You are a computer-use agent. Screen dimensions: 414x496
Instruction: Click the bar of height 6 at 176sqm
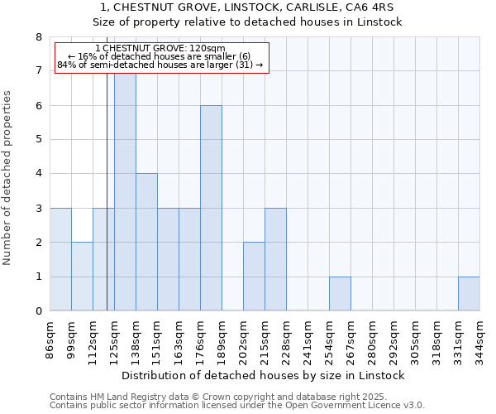[x=211, y=208]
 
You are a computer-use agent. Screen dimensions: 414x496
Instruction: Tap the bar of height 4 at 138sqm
[x=146, y=242]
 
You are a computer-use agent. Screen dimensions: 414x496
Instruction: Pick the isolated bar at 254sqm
[x=340, y=294]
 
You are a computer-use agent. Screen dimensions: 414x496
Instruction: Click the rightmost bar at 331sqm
[x=469, y=294]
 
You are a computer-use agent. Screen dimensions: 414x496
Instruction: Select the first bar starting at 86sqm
[x=60, y=259]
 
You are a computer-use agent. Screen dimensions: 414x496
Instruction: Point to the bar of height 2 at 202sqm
[x=254, y=277]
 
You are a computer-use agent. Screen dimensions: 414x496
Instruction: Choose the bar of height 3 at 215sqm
[x=275, y=259]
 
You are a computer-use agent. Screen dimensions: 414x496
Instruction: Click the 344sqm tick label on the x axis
[x=479, y=338]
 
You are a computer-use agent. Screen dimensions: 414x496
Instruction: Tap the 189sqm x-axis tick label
[x=222, y=338]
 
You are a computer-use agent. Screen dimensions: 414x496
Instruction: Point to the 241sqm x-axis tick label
[x=308, y=338]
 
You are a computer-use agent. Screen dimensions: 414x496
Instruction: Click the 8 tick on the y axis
[x=38, y=37]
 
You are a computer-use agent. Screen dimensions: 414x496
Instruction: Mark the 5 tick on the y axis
[x=38, y=140]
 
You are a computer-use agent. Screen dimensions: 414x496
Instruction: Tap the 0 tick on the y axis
[x=38, y=311]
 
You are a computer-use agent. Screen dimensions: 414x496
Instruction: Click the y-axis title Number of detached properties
[x=7, y=178]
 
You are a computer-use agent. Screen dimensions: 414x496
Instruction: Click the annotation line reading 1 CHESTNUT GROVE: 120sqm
[x=160, y=48]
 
